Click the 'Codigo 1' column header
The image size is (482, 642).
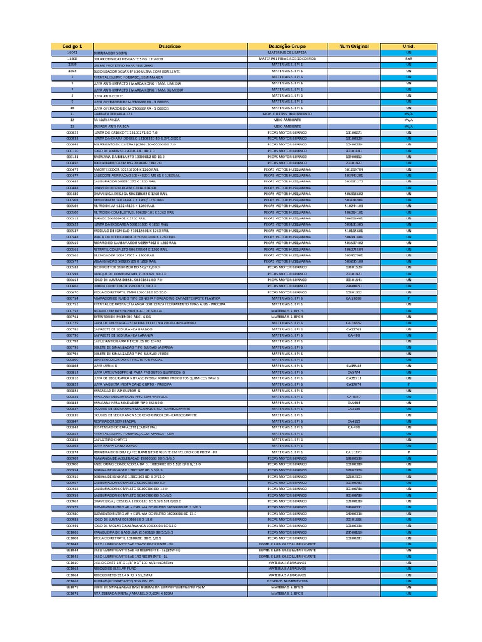pyautogui.click(x=72, y=47)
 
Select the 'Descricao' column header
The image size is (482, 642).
pyautogui.click(x=170, y=47)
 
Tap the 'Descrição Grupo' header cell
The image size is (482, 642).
pyautogui.click(x=287, y=47)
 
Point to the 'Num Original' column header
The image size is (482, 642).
pyautogui.click(x=354, y=47)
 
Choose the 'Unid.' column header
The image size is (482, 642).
pyautogui.click(x=409, y=47)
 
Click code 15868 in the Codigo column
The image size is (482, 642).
pyautogui.click(x=72, y=58)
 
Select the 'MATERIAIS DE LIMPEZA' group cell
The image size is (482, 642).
pyautogui.click(x=287, y=53)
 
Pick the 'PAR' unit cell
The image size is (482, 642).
pyautogui.click(x=409, y=58)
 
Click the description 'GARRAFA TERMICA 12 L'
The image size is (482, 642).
pyautogui.click(x=113, y=114)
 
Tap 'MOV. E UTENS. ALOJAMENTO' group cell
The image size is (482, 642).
pyautogui.click(x=287, y=114)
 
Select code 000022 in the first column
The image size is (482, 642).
pyautogui.click(x=72, y=133)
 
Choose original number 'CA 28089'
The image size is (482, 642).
pyautogui.click(x=354, y=298)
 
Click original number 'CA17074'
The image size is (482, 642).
pyautogui.click(x=354, y=384)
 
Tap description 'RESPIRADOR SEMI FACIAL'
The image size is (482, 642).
pyautogui.click(x=115, y=421)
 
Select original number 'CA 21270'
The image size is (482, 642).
pyautogui.click(x=354, y=452)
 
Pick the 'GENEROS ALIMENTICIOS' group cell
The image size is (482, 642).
pyautogui.click(x=287, y=581)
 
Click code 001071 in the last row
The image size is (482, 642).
pyautogui.click(x=72, y=593)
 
